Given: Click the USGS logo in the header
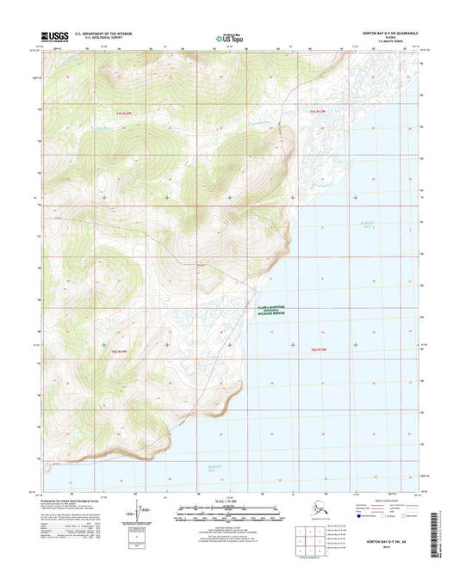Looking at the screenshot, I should (x=53, y=37).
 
